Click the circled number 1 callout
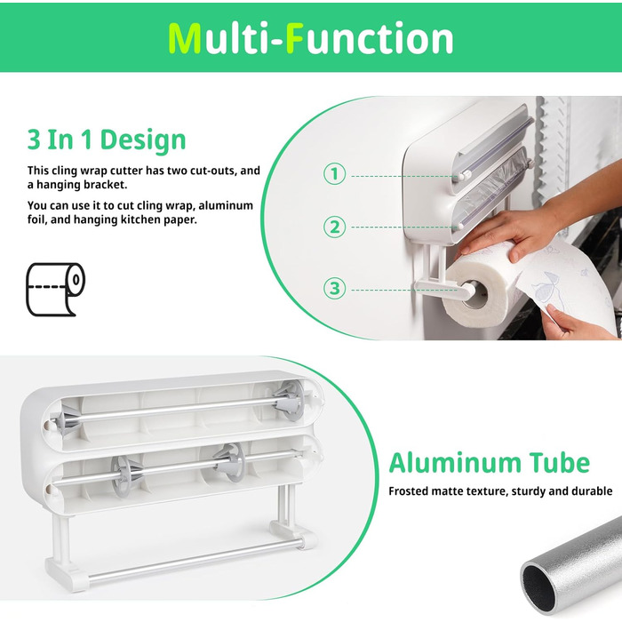tap(334, 174)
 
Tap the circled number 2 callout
tap(334, 227)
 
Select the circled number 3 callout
tap(334, 288)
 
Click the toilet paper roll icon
tap(55, 289)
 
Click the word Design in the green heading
tap(143, 140)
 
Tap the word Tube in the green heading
tap(559, 463)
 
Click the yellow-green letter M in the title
tap(185, 38)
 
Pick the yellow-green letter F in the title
tap(295, 38)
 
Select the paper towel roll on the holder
tap(482, 286)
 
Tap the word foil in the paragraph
tap(36, 219)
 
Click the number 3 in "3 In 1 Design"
tap(34, 140)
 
